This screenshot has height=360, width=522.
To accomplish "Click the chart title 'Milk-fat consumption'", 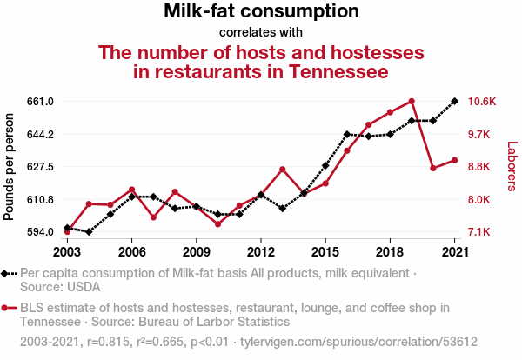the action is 261,10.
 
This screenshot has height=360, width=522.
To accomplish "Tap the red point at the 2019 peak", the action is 412,101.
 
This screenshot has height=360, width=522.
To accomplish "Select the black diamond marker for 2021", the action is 454,101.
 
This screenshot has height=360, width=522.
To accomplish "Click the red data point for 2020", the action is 433,168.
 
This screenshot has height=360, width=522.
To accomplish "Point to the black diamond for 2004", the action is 89,231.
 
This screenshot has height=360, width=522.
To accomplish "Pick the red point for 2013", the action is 282,170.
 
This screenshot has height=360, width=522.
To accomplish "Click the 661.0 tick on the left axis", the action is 40,101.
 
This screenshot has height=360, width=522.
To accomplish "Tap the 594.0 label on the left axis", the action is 40,232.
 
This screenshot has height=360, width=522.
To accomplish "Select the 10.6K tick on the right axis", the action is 482,101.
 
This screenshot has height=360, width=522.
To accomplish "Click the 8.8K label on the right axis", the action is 478,166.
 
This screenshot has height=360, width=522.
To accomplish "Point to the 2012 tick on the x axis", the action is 261,252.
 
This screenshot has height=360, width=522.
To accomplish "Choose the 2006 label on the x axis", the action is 132,252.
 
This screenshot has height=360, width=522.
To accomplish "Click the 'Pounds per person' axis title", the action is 9,167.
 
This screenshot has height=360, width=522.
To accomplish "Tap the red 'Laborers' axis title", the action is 512,166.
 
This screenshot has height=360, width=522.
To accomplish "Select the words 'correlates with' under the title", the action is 261,32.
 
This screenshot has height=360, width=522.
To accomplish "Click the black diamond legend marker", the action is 4,274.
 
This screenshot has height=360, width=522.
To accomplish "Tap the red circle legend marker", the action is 4,308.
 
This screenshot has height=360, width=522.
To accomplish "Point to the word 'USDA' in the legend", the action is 84,287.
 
